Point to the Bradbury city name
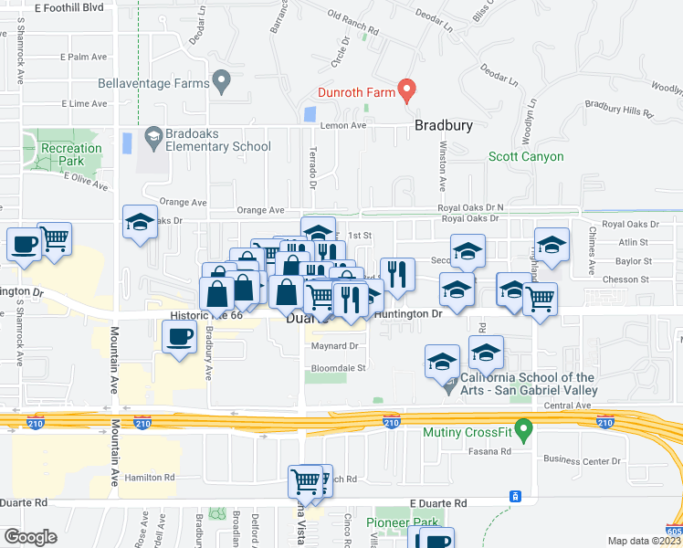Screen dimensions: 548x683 [x=444, y=126]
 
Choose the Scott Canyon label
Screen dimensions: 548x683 [x=526, y=156]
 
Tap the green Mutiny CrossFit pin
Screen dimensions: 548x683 [x=523, y=427]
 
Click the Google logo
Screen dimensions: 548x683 [x=30, y=536]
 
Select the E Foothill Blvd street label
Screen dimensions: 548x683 [x=69, y=7]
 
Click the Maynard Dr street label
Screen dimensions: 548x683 [x=335, y=346]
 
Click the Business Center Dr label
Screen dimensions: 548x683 [x=581, y=460]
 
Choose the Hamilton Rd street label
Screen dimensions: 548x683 [x=149, y=477]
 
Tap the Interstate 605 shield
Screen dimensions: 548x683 [x=674, y=531]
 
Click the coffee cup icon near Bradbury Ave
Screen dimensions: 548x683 [x=179, y=338]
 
